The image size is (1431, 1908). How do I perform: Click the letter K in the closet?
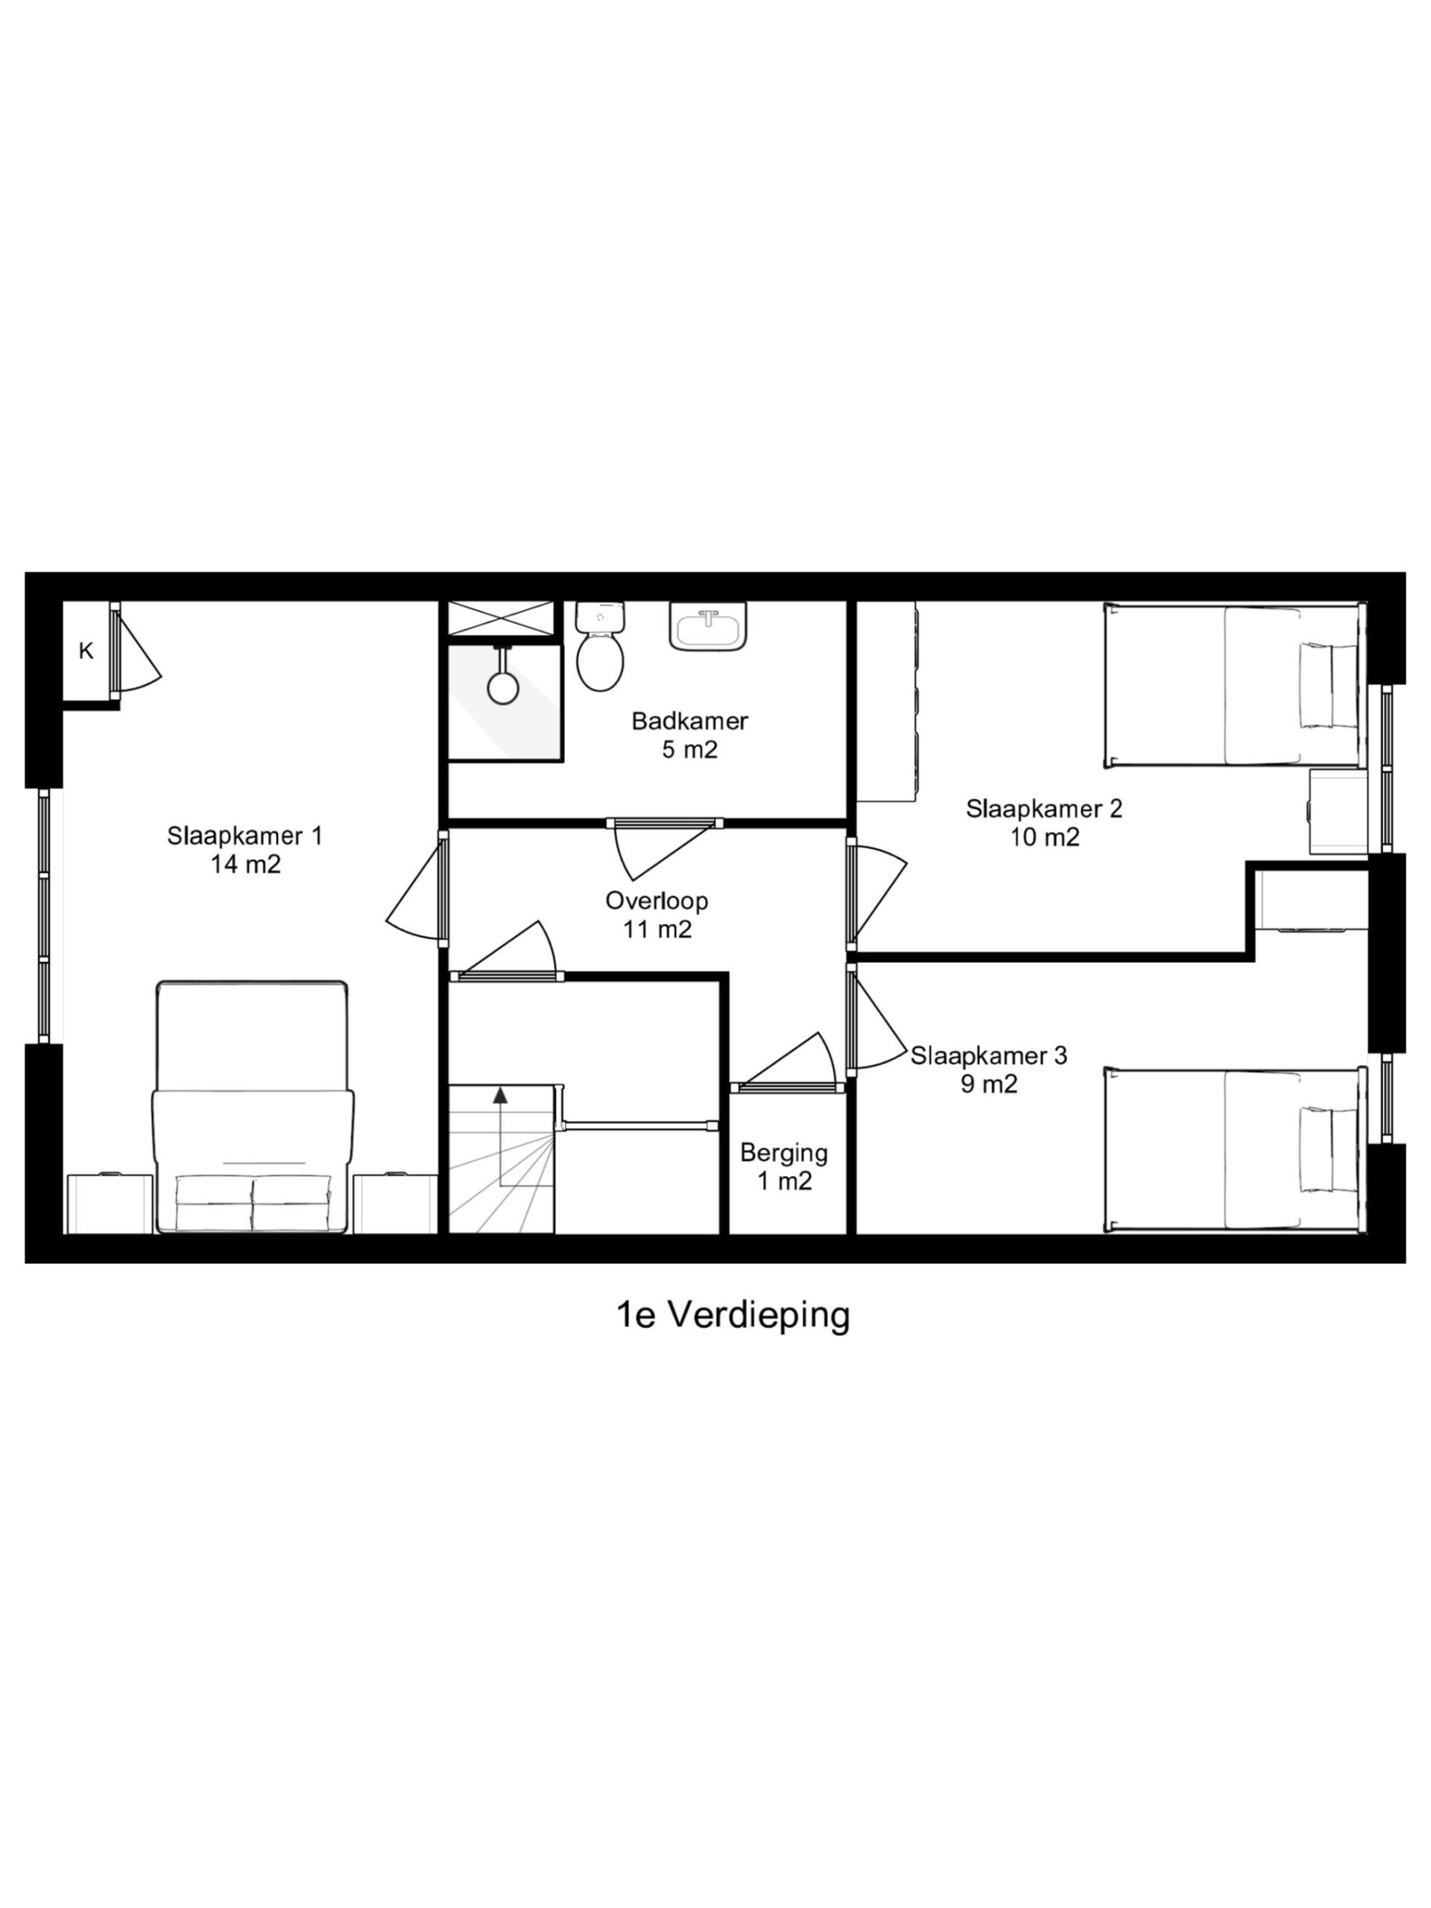[86, 652]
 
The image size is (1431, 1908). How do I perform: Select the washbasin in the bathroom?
[707, 629]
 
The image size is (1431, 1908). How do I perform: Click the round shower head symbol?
[502, 687]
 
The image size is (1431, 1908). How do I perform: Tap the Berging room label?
[783, 1152]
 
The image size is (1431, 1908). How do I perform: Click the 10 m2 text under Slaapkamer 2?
[1045, 838]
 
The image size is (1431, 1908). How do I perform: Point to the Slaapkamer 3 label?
[988, 1056]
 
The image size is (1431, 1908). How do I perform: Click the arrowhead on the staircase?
[499, 1096]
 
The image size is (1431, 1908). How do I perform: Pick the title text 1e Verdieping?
[733, 1315]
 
